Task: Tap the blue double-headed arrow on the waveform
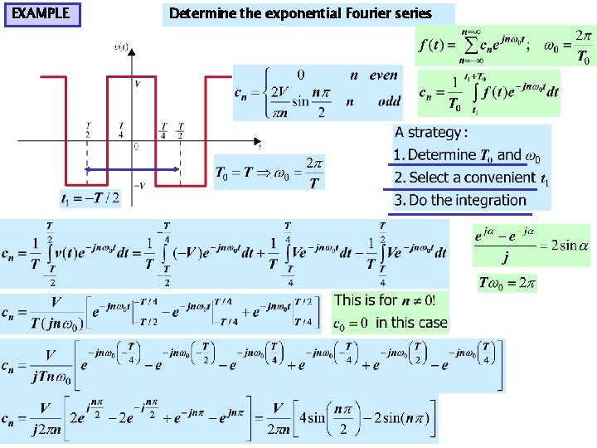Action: (133, 169)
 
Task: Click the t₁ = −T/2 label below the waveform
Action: (90, 197)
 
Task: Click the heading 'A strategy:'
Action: (431, 133)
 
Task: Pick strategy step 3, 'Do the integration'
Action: (460, 200)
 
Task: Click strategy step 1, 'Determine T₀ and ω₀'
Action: (468, 155)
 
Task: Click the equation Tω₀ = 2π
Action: (507, 283)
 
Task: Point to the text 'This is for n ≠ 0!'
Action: (390, 300)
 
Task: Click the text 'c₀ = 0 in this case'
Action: (390, 323)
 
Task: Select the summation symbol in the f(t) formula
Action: (472, 47)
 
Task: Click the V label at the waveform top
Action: (136, 84)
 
